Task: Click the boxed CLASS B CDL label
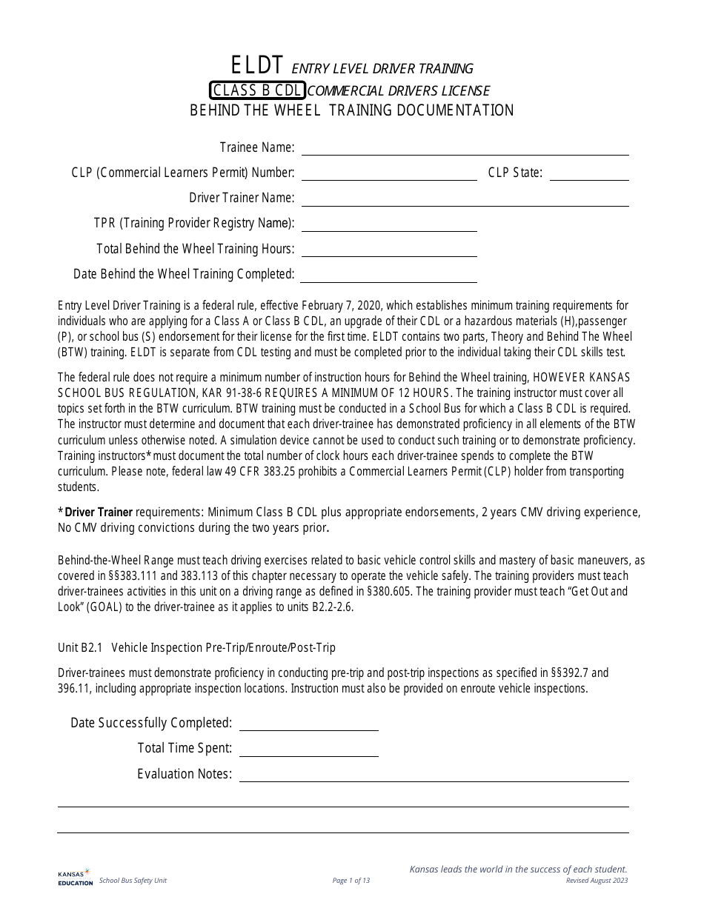256,90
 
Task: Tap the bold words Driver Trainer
99,512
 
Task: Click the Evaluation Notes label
185,774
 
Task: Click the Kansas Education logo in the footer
75,878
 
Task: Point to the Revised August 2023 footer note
597,881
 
